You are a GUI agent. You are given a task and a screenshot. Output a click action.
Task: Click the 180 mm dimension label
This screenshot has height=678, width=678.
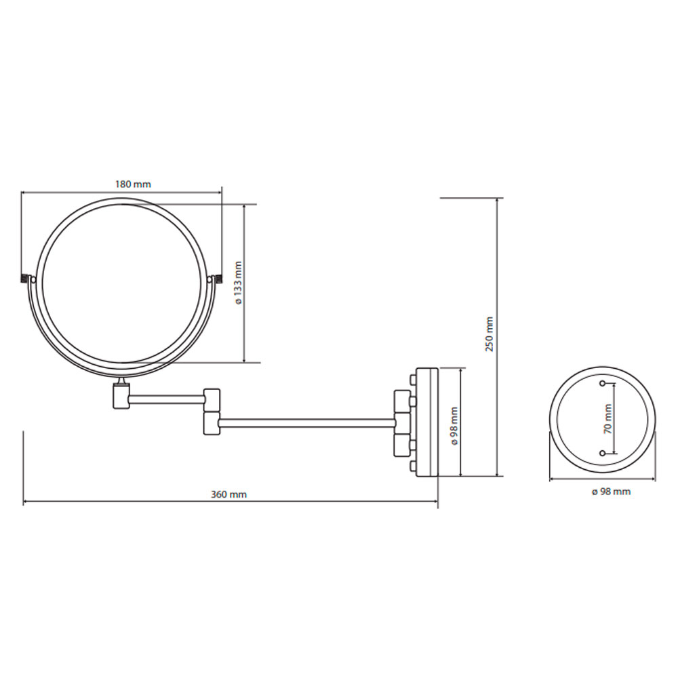[133, 184]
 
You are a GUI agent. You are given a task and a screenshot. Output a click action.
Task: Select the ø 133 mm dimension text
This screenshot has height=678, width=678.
[238, 283]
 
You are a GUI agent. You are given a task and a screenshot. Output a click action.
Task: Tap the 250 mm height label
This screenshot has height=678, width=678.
[489, 334]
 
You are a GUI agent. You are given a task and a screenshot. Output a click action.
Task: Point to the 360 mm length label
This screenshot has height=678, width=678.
[228, 494]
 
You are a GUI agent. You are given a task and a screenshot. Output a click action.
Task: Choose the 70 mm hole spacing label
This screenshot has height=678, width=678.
[608, 419]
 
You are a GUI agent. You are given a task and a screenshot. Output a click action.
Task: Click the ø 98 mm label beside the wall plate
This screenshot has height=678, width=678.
[454, 426]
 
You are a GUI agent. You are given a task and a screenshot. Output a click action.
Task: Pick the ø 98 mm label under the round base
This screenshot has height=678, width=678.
[611, 492]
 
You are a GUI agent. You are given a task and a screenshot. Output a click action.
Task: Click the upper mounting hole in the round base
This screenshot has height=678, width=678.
[602, 383]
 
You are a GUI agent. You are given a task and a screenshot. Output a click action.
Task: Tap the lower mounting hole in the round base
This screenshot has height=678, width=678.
[602, 453]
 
